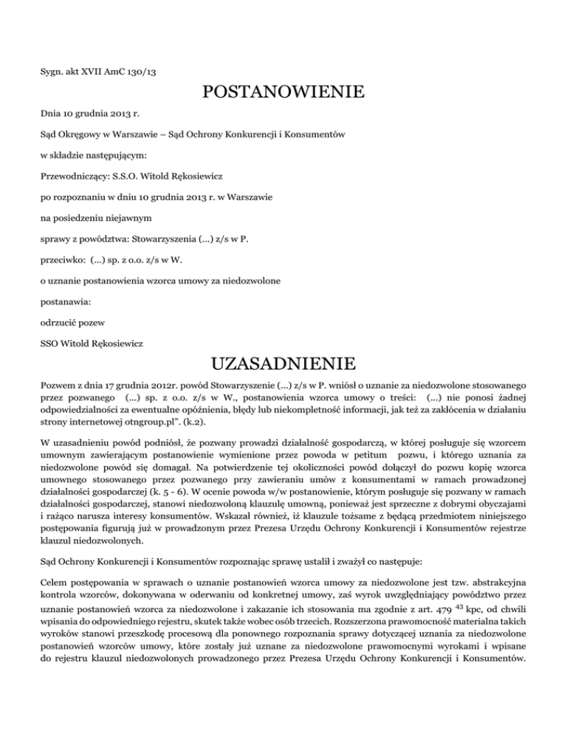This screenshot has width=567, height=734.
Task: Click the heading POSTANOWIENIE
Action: tap(283, 93)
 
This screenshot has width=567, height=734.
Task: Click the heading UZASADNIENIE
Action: tap(283, 364)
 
